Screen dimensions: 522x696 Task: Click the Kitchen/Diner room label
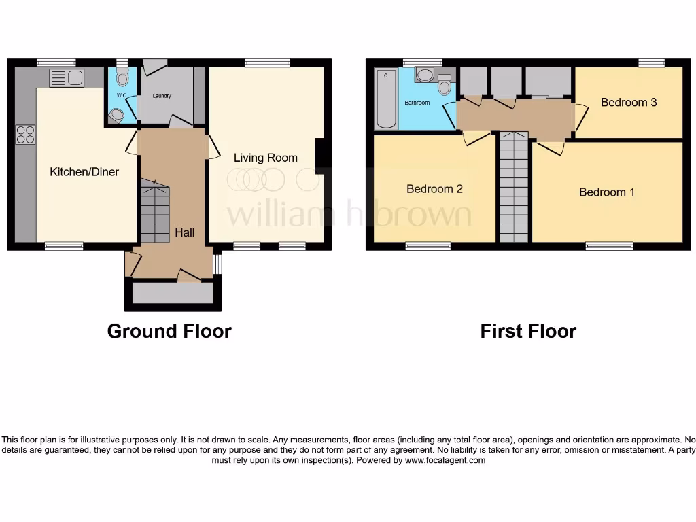84,172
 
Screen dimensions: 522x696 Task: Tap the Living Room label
266,158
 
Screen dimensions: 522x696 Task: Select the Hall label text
185,232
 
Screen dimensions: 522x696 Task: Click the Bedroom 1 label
607,192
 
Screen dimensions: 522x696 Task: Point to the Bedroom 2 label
434,189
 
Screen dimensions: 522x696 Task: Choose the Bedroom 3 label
629,103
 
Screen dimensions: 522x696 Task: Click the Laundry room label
162,97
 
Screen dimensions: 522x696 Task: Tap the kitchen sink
67,78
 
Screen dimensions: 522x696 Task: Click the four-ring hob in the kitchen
26,135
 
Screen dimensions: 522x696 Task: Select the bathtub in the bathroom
385,99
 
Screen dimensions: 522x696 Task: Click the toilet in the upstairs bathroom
445,86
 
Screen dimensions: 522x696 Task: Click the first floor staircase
514,187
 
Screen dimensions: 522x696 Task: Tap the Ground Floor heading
169,331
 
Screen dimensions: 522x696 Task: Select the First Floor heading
528,331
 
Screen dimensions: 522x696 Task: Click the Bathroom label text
417,103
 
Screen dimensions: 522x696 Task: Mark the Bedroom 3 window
651,63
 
